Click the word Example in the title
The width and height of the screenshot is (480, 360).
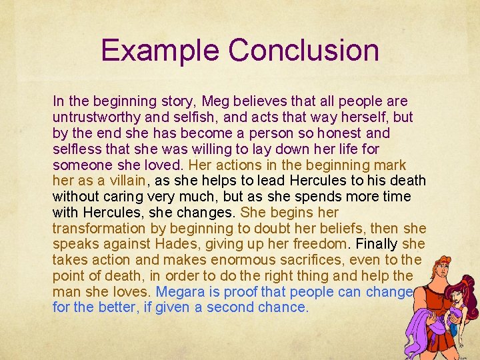(x=160, y=51)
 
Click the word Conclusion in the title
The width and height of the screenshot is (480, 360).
(x=303, y=51)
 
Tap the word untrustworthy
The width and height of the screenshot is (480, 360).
(x=96, y=117)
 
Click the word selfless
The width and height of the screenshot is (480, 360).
(x=76, y=149)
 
